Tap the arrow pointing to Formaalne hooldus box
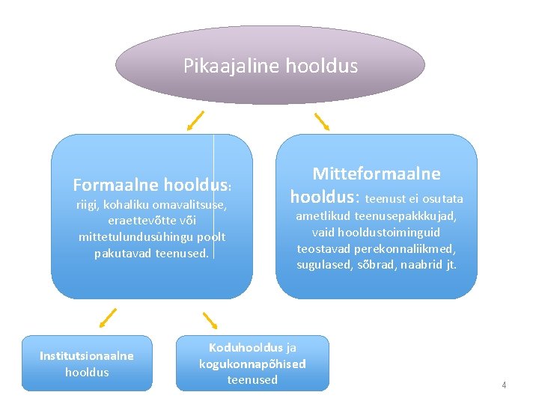(x=195, y=119)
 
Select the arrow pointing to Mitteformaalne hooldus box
(x=322, y=121)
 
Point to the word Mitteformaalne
(x=377, y=174)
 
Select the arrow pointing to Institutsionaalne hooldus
(x=108, y=318)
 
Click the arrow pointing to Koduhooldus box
(x=210, y=321)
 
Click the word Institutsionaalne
(x=87, y=356)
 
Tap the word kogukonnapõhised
(x=252, y=364)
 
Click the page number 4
(x=504, y=385)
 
